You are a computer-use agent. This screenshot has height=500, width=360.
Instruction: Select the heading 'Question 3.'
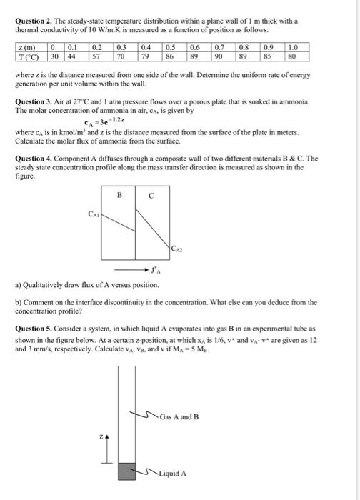tap(37, 102)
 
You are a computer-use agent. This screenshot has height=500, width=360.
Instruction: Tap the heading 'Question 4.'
tap(37, 158)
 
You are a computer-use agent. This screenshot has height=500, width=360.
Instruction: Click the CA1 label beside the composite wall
tap(94, 212)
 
